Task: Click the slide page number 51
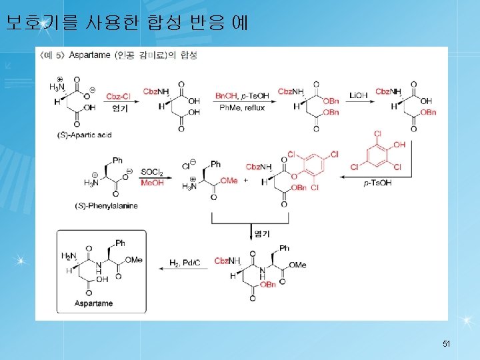(447, 344)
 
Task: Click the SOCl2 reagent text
(152, 171)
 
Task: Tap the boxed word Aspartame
(94, 303)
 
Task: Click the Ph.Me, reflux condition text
(240, 108)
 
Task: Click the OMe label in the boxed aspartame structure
(133, 260)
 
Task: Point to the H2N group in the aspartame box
(69, 256)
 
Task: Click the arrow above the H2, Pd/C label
(184, 270)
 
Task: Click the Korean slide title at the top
(127, 23)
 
